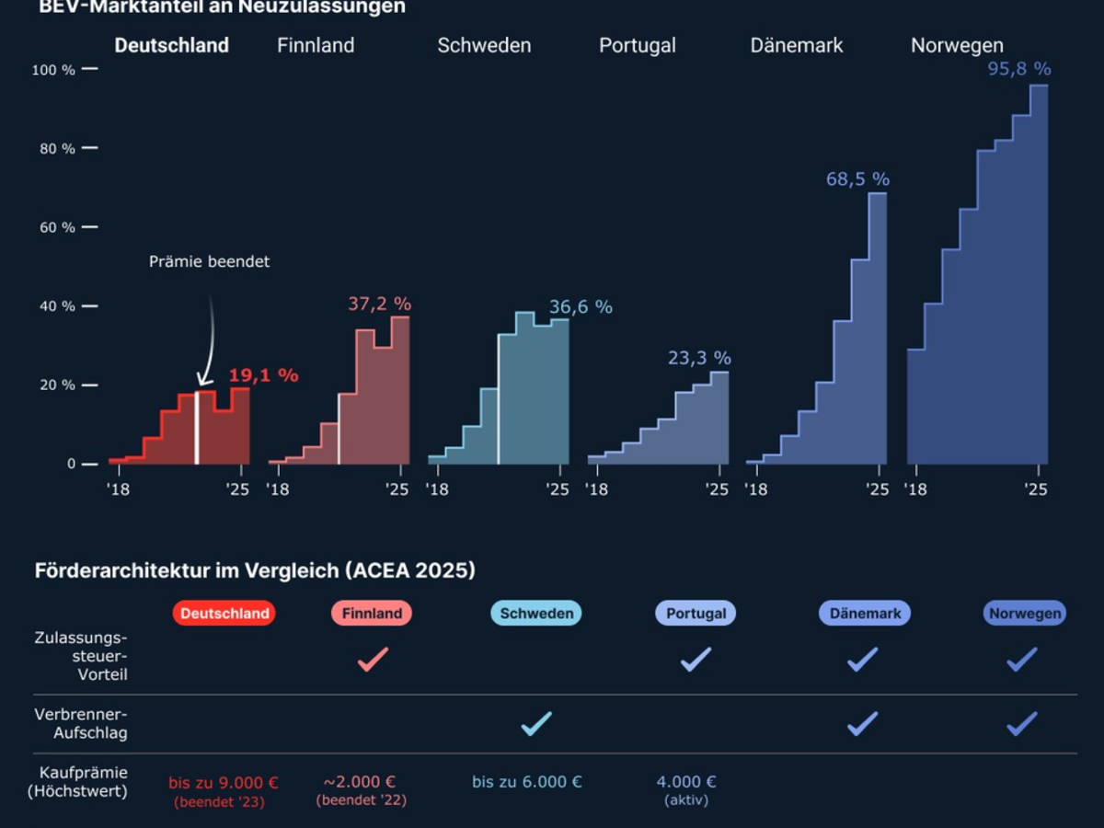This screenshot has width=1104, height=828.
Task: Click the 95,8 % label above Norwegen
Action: (x=1019, y=69)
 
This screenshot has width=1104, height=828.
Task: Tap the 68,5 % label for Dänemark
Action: (x=857, y=179)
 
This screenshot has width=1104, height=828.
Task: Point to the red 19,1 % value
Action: (x=263, y=375)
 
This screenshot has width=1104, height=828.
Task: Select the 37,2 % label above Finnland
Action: (x=379, y=304)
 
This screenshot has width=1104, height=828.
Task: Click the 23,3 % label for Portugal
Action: (x=699, y=358)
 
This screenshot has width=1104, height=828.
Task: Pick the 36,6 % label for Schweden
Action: (x=581, y=307)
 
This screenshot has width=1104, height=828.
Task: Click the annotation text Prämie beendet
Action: (x=210, y=262)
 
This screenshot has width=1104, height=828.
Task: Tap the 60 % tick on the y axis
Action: (x=56, y=227)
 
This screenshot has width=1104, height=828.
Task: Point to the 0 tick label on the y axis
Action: (x=71, y=464)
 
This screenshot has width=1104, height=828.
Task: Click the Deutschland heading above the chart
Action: (x=171, y=45)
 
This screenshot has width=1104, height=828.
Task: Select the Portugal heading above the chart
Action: (x=638, y=45)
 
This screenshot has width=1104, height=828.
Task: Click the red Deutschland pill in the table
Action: (x=224, y=614)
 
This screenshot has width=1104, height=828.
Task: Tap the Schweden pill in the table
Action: (x=536, y=614)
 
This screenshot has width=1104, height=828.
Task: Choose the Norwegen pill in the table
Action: (x=1025, y=614)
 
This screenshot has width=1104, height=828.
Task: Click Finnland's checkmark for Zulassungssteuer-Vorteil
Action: (x=373, y=659)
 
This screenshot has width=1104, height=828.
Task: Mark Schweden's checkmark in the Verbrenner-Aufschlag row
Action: (x=536, y=723)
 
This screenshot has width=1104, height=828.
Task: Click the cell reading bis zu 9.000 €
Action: (x=223, y=783)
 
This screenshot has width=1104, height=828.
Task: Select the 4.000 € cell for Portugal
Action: (x=686, y=782)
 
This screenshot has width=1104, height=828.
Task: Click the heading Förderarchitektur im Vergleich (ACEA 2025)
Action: (x=255, y=570)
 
